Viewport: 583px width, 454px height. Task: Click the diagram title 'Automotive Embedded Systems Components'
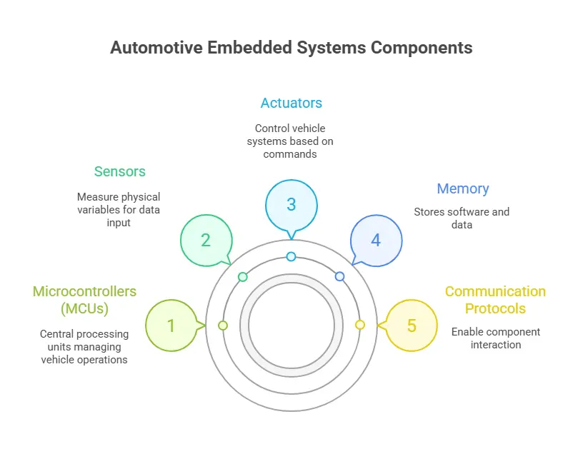coord(291,48)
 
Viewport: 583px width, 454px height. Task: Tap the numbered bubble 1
coord(171,326)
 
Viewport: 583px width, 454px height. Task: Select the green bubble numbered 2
coord(206,240)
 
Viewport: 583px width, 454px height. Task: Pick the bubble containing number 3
coord(291,204)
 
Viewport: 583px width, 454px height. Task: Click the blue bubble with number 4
coord(376,240)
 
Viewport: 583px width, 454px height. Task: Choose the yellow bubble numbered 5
coord(412,326)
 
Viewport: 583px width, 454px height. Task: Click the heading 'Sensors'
coord(119,171)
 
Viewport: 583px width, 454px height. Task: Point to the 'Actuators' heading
coord(291,103)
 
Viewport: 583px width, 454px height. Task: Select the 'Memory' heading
coord(462,189)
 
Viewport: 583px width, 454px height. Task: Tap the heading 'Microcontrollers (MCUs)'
coord(84,300)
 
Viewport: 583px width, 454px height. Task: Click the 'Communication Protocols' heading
coord(495,300)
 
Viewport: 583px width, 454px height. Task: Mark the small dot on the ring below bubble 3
coord(291,256)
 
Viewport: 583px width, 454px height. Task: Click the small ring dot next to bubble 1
coord(223,326)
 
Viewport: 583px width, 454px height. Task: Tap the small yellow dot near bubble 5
coord(360,325)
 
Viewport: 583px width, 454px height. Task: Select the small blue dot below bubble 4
coord(339,276)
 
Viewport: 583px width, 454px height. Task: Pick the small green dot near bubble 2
coord(243,276)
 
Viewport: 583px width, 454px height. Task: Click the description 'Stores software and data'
coord(461,218)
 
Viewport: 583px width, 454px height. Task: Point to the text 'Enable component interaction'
coord(495,338)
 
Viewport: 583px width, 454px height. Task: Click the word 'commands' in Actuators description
coord(290,154)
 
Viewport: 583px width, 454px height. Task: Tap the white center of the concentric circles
coord(291,326)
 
